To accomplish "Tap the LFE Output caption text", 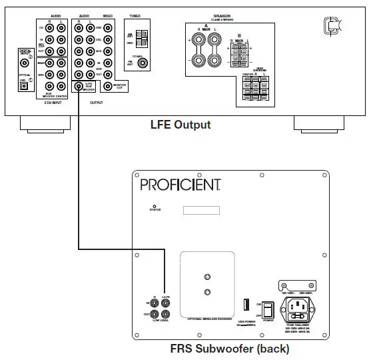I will (x=180, y=125).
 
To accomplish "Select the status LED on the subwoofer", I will (x=155, y=208).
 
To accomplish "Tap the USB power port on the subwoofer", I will (x=246, y=305).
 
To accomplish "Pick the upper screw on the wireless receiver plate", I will (x=207, y=275).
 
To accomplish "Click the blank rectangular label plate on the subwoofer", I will (x=202, y=211).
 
